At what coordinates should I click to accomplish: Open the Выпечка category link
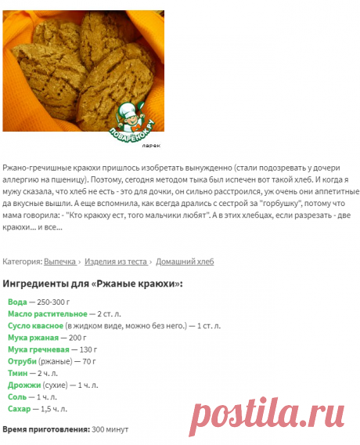coord(59,262)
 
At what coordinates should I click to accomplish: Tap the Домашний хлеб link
coord(185,262)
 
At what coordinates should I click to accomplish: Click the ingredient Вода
coord(16,302)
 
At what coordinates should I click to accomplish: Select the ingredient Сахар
coord(20,409)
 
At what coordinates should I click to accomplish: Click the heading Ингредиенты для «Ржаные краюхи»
coord(93,284)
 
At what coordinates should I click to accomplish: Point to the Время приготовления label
coord(46,429)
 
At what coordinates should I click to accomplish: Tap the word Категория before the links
coord(22,262)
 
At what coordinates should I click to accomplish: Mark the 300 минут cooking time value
coord(110,429)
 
